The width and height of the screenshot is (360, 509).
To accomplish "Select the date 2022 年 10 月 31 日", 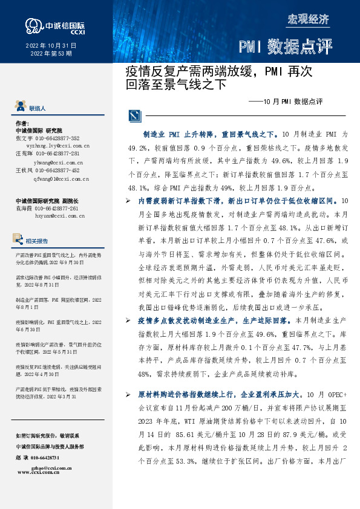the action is [x=51, y=46].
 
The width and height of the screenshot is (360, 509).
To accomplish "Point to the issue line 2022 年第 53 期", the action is [x=51, y=54].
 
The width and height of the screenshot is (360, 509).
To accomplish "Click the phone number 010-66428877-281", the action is [x=64, y=154].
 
